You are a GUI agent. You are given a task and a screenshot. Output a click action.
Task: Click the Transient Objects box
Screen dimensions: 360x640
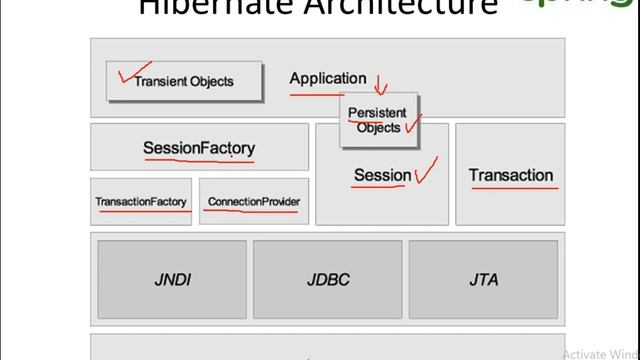tap(184, 81)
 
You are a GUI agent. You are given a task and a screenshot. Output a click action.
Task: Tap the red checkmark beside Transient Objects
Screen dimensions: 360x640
tap(127, 74)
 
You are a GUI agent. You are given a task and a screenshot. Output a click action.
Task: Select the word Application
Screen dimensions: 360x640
tap(328, 78)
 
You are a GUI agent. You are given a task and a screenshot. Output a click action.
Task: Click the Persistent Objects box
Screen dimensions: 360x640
tap(378, 121)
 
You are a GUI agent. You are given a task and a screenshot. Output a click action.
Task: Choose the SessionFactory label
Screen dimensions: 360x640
tap(199, 149)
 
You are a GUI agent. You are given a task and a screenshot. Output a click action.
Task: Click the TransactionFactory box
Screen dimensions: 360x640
tap(141, 202)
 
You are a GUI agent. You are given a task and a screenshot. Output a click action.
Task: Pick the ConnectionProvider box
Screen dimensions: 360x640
tap(254, 202)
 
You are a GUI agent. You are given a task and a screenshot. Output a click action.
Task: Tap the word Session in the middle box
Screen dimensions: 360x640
tap(382, 175)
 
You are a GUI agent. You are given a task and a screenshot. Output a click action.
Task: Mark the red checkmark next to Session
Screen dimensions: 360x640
tap(426, 172)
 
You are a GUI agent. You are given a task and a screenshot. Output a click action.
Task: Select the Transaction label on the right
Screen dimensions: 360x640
tap(510, 175)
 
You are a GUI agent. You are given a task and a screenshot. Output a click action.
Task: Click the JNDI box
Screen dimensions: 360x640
tap(172, 280)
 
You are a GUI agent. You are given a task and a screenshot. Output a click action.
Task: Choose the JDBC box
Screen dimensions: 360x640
tap(328, 280)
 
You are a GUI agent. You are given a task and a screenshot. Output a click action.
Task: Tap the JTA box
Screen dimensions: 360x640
tap(483, 280)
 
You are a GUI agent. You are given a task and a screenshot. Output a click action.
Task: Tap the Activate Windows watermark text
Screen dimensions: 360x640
tap(600, 353)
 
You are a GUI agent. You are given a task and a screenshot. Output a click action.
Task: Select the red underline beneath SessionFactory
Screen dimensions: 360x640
tap(199, 160)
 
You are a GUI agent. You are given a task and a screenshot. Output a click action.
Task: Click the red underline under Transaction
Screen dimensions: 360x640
tap(510, 187)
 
